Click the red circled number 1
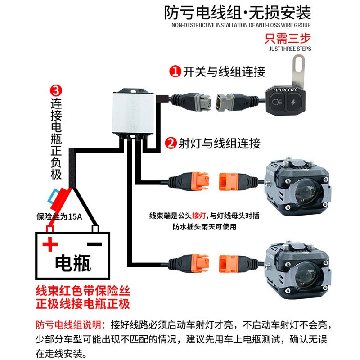click(x=175, y=72)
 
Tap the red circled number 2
click(x=171, y=144)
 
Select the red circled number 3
click(x=56, y=91)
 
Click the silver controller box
click(x=133, y=113)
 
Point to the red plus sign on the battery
click(x=50, y=244)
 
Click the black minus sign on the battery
click(x=94, y=244)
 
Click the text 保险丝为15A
click(x=59, y=216)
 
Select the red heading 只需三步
click(x=288, y=38)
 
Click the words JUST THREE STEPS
click(x=290, y=49)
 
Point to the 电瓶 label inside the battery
click(x=73, y=263)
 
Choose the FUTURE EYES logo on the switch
click(x=285, y=90)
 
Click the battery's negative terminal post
click(x=95, y=229)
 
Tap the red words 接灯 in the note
click(x=199, y=216)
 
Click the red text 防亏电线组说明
click(x=71, y=325)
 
